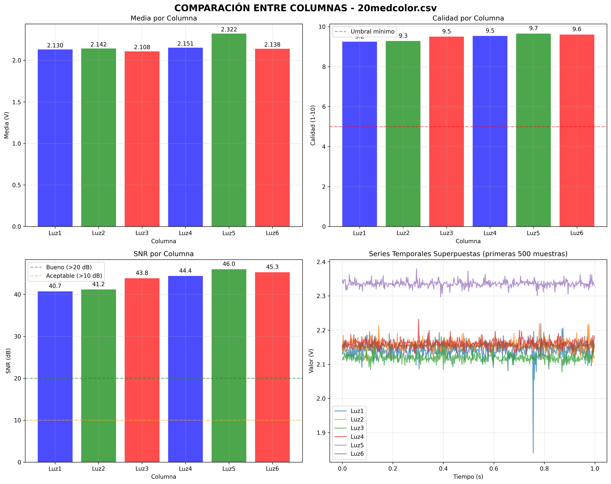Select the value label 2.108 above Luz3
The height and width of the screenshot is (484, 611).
pyautogui.click(x=142, y=47)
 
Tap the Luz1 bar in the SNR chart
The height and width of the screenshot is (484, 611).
pyautogui.click(x=55, y=377)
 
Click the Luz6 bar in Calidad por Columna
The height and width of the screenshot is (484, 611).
pyautogui.click(x=577, y=130)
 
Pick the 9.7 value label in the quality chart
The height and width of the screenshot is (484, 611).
pyautogui.click(x=533, y=28)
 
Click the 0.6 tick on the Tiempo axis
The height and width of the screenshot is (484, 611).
pyautogui.click(x=494, y=469)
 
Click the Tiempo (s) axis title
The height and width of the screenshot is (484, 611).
pyautogui.click(x=468, y=477)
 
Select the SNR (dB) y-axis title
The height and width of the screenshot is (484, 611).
pyautogui.click(x=8, y=361)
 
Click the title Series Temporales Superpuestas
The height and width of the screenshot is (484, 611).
pyautogui.click(x=468, y=254)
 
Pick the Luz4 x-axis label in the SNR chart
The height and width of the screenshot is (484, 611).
pyautogui.click(x=185, y=469)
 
